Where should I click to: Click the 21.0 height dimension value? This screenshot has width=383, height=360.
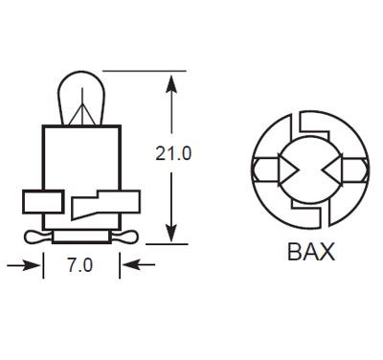(174, 151)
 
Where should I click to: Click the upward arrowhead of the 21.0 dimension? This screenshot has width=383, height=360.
(171, 80)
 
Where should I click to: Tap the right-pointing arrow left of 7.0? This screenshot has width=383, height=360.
(36, 265)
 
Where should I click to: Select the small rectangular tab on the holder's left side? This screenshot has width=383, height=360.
(37, 202)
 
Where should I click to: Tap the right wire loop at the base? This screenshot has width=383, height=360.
(124, 235)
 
